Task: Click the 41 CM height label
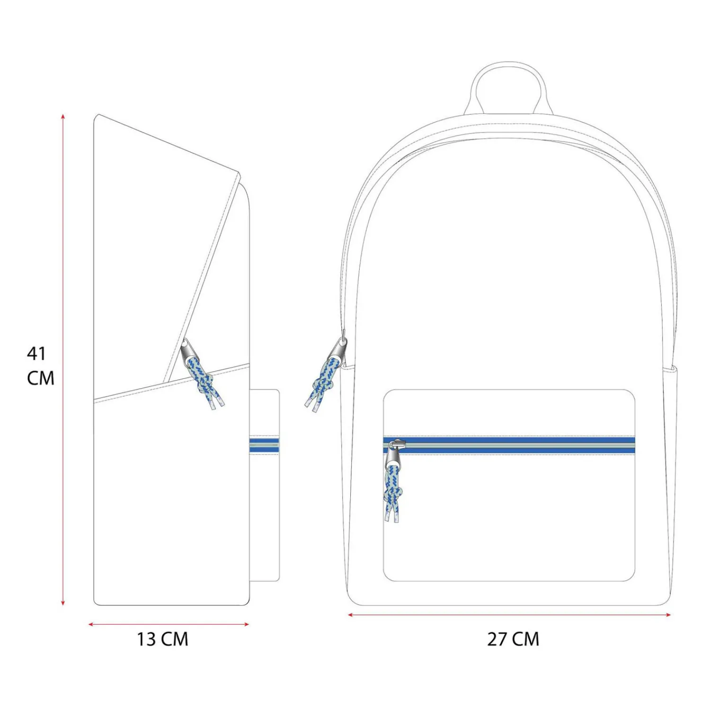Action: [40, 365]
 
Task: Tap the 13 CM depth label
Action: [162, 639]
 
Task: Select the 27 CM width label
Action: [513, 639]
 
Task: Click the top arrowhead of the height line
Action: [63, 116]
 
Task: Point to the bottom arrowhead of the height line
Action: [63, 603]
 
